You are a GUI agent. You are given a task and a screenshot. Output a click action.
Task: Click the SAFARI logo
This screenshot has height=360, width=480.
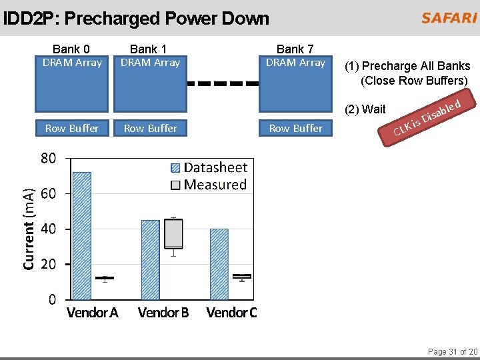(448, 18)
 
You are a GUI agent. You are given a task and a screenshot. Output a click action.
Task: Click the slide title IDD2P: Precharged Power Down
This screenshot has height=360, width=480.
(136, 19)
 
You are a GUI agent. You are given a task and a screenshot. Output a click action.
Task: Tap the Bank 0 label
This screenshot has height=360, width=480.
(71, 49)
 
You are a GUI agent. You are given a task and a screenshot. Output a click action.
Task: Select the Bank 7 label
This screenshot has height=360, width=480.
(295, 49)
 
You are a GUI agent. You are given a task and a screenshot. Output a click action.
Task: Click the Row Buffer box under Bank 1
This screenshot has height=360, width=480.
(151, 128)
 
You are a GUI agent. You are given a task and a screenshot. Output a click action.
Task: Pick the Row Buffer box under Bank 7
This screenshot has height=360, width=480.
(295, 128)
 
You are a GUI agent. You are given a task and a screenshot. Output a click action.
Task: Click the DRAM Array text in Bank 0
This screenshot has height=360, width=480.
(72, 63)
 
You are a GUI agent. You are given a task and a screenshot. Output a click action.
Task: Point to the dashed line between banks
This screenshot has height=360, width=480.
(223, 84)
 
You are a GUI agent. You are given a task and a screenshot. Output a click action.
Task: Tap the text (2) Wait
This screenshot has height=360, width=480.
(365, 109)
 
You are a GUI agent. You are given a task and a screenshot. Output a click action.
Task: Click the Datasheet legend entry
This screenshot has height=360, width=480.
(209, 168)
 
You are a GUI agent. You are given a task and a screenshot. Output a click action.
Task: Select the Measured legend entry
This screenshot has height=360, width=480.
(209, 185)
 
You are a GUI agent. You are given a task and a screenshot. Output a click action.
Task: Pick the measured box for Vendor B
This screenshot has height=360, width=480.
(173, 233)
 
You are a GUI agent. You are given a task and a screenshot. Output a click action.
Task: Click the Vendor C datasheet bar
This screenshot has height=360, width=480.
(219, 264)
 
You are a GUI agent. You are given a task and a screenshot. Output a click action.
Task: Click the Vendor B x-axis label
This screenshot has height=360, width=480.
(163, 313)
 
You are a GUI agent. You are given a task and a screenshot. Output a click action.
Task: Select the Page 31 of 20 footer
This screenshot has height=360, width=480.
(452, 351)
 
